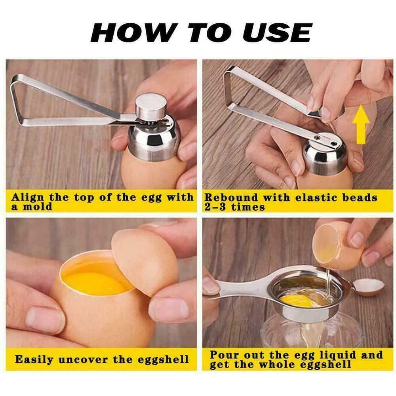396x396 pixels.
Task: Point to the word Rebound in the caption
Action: click(231, 198)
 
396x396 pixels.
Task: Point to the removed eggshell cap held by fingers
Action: click(144, 263)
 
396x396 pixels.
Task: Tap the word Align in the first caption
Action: click(28, 198)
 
